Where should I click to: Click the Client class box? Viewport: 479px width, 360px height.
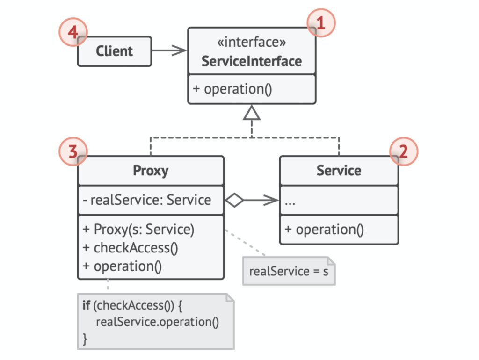click(115, 51)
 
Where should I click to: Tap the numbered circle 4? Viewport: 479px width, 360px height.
click(73, 32)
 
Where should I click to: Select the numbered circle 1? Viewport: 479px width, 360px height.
click(321, 23)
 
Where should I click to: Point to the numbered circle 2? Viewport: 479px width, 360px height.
click(404, 151)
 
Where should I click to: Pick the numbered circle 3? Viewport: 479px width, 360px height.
click(73, 151)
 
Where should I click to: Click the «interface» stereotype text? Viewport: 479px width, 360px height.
click(251, 42)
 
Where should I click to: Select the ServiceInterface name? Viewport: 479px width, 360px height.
click(251, 61)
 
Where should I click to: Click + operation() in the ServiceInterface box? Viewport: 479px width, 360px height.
click(232, 89)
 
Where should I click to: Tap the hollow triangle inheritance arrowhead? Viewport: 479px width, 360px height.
click(252, 113)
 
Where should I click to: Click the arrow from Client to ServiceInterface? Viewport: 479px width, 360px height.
click(169, 50)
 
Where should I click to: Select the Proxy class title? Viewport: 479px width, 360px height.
click(151, 170)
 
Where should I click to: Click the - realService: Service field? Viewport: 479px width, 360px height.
click(147, 200)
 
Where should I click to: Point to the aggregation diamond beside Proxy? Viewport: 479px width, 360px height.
click(234, 200)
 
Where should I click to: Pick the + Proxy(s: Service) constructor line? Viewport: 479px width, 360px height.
click(138, 229)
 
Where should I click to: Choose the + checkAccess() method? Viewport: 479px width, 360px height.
click(130, 248)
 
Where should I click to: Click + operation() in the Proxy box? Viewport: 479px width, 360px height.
click(122, 266)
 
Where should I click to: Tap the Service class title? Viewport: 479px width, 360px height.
click(339, 170)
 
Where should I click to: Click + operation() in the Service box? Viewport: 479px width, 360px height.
click(324, 230)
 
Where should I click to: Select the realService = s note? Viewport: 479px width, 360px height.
click(289, 271)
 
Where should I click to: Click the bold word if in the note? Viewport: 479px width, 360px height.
click(86, 305)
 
